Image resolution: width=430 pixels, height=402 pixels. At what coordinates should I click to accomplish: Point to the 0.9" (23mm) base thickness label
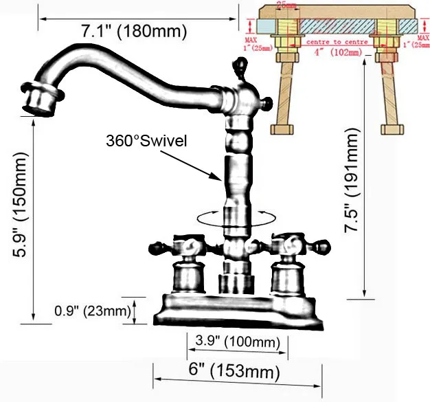[92, 312]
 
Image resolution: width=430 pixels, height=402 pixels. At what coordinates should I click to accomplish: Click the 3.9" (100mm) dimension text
[234, 342]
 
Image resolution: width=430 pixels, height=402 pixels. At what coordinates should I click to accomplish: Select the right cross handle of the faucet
[288, 245]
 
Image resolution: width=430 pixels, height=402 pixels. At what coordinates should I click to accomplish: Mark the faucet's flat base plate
[234, 306]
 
